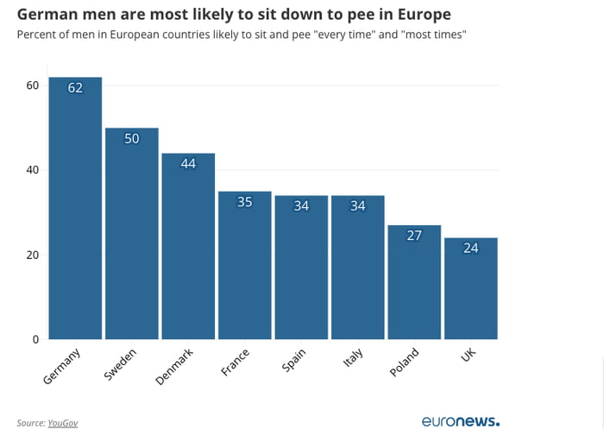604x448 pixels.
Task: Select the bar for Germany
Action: (75, 216)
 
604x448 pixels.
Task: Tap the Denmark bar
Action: (188, 250)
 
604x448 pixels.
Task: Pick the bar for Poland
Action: (414, 285)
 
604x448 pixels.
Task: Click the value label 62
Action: (75, 87)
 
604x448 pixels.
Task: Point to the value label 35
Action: (245, 202)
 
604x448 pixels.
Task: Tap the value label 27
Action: (414, 236)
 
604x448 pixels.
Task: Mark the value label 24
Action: (470, 248)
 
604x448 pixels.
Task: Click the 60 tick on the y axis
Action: (33, 85)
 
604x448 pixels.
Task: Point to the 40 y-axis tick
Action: (33, 170)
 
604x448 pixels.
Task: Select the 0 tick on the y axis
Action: (36, 339)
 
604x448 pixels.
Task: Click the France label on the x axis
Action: (236, 362)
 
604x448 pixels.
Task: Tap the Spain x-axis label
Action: (293, 360)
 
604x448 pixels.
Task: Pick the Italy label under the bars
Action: (353, 358)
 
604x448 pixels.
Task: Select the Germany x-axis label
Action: (61, 366)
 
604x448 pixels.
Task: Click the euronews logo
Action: (460, 422)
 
